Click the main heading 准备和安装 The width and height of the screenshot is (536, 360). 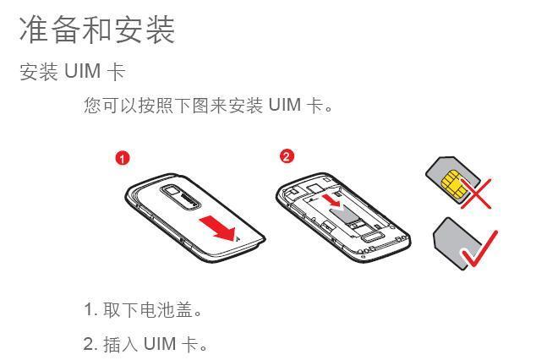96,29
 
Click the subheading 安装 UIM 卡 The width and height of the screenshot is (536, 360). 72,73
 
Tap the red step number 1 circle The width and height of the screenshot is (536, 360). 123,158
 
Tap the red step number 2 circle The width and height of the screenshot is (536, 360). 287,157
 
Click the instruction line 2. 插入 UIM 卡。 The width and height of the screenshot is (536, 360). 145,344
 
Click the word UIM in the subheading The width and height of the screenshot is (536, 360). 83,73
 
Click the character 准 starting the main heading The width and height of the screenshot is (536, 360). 35,29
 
